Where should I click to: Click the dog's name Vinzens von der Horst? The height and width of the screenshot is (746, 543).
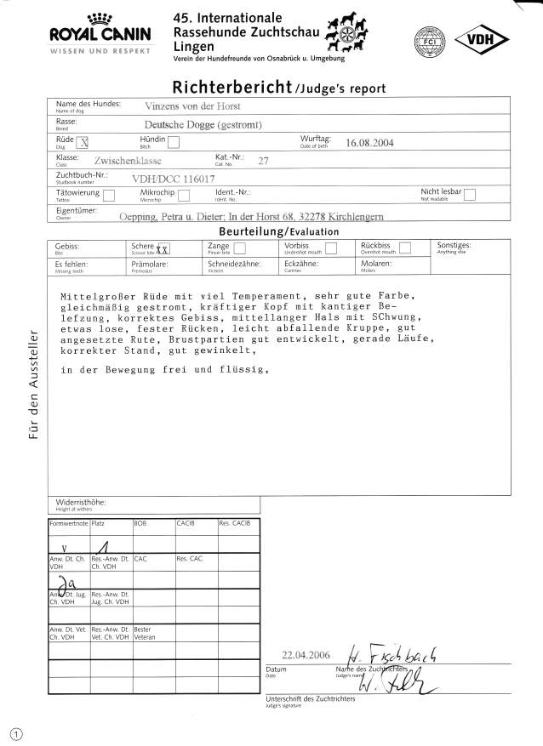(193, 106)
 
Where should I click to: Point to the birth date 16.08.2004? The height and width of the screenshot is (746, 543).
(370, 143)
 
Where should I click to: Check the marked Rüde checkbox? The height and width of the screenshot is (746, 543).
(82, 142)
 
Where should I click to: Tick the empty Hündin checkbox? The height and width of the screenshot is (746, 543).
(174, 142)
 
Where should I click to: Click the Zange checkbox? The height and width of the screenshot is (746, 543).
(239, 248)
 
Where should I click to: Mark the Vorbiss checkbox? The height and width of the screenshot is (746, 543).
(332, 248)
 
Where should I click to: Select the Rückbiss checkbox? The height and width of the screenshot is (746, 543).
(406, 248)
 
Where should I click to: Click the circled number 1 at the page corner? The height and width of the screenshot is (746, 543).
(15, 732)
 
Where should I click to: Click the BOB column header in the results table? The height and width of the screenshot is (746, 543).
(141, 523)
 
